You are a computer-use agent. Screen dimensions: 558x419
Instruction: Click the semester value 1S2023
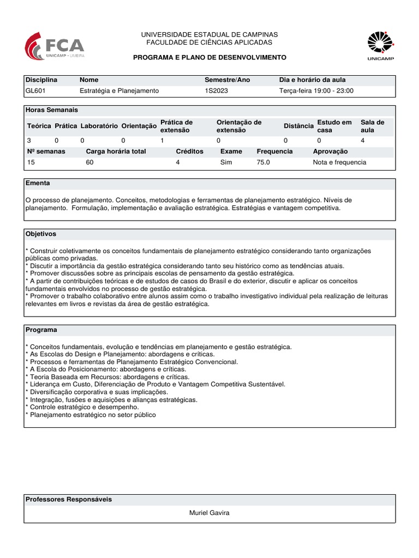tap(216, 90)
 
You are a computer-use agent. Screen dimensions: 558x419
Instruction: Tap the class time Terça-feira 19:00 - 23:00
tap(316, 90)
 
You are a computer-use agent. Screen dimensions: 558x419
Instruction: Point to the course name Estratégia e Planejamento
tap(119, 90)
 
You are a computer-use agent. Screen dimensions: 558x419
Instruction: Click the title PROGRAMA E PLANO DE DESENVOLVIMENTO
tap(209, 57)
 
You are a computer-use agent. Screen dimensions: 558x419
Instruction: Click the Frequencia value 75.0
tap(267, 162)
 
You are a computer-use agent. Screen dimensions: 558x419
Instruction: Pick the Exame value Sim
tap(226, 162)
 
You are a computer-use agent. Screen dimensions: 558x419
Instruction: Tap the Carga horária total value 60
tap(90, 162)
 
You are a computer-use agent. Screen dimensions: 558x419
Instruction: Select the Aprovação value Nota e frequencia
tap(339, 162)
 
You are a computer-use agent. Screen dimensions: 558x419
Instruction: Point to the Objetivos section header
tap(41, 234)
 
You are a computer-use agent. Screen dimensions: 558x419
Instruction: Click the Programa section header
tap(41, 330)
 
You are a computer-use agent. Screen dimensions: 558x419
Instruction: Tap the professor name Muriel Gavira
tap(209, 513)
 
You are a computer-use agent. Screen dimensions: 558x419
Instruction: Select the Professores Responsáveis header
tap(69, 499)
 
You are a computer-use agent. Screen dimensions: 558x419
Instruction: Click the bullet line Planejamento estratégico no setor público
tap(92, 415)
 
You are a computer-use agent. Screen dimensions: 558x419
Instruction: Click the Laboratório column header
tap(99, 126)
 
